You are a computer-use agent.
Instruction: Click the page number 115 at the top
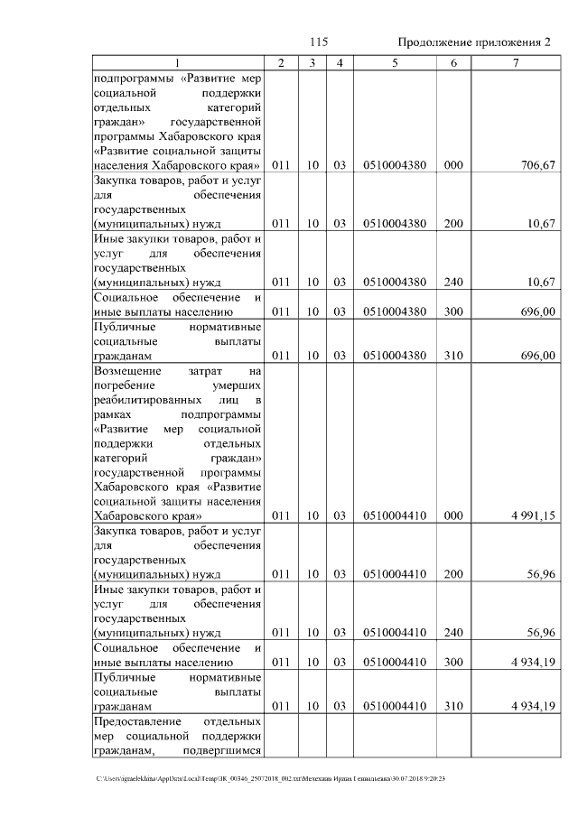pos(318,42)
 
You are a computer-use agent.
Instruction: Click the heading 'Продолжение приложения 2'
pos(474,42)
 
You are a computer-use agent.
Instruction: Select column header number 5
pos(394,62)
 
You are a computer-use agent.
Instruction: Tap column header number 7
pos(515,62)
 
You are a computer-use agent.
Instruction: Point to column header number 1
pos(177,62)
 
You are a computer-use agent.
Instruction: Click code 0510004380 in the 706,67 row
pos(394,165)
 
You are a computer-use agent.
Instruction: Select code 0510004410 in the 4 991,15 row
pos(394,515)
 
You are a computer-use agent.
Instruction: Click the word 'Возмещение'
pos(127,370)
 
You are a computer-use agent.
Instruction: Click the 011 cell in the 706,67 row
pos(281,165)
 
